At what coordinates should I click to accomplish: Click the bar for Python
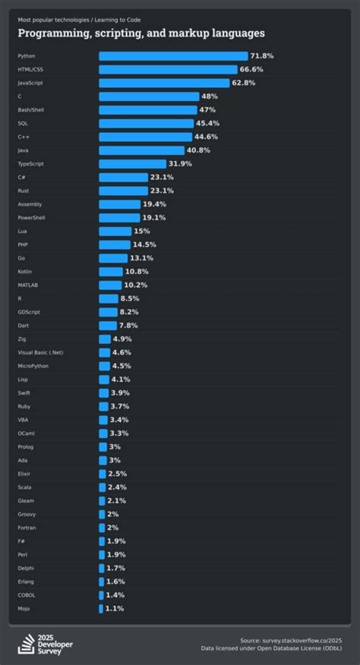173,56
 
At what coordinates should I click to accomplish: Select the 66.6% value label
257,70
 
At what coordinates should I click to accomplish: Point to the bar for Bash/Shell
147,110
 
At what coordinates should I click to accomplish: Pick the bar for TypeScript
132,164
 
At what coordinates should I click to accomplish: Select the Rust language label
24,191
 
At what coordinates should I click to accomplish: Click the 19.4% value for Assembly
155,204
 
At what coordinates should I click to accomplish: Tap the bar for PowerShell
119,218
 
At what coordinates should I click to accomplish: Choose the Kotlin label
25,272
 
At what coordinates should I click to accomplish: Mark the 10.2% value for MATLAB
136,285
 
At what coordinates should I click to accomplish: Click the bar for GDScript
108,312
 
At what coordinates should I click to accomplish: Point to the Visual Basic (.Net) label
40,352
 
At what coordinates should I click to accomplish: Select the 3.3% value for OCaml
119,433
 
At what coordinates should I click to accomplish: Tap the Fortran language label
27,528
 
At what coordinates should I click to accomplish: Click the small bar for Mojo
101,608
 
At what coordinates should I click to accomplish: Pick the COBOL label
27,594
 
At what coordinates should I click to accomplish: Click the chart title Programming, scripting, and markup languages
141,33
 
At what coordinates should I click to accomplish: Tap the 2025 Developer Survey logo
46,644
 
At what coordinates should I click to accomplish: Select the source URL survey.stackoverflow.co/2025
297,641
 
